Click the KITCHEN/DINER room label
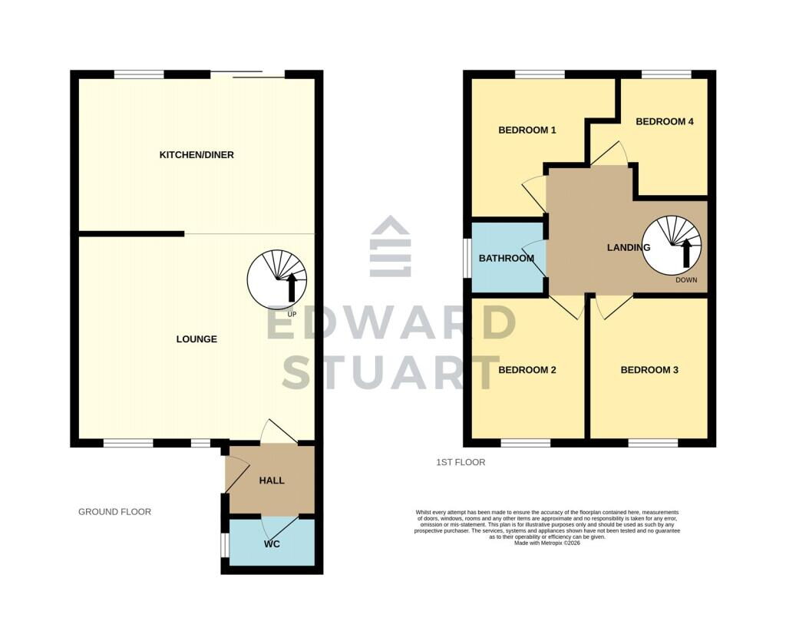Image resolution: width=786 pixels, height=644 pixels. click(196, 155)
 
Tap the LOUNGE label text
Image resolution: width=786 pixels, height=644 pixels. click(196, 339)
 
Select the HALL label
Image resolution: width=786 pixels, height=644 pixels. click(272, 481)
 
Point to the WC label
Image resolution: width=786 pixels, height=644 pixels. click(272, 543)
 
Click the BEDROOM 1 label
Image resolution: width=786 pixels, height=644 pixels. click(527, 130)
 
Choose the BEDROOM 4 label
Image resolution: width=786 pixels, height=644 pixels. click(665, 121)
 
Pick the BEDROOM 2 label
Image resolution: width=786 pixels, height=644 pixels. click(527, 370)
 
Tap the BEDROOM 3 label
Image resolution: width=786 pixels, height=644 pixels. click(649, 370)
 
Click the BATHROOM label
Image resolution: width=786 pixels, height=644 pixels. click(507, 258)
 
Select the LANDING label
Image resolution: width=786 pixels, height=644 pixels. click(629, 247)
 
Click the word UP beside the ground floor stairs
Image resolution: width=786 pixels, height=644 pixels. click(292, 314)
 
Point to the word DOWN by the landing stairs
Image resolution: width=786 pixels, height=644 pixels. click(686, 280)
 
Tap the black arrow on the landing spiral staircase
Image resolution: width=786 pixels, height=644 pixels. click(685, 253)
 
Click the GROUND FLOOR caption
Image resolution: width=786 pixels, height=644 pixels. click(115, 512)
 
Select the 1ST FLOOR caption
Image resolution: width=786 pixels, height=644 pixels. click(461, 462)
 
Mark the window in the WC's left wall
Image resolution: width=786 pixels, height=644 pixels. click(226, 544)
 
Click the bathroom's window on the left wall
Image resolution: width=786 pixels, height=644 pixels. click(467, 257)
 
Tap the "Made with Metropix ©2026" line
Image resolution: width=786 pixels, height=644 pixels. click(547, 543)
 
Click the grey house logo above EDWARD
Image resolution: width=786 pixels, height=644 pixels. click(390, 246)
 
